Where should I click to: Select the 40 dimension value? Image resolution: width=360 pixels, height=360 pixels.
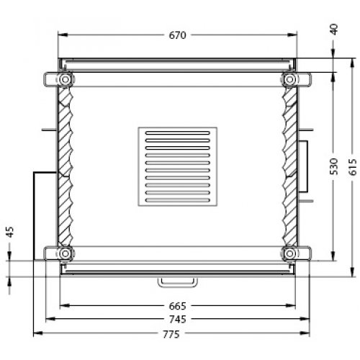333,29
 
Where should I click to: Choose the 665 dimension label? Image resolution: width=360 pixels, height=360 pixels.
178,305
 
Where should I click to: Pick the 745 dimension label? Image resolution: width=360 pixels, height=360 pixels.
178,319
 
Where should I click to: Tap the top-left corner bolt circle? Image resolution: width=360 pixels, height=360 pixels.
66,78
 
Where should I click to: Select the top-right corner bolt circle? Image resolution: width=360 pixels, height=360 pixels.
291,78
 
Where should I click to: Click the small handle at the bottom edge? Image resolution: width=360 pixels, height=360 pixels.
178,279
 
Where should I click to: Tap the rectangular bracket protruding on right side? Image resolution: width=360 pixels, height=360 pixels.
303,166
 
